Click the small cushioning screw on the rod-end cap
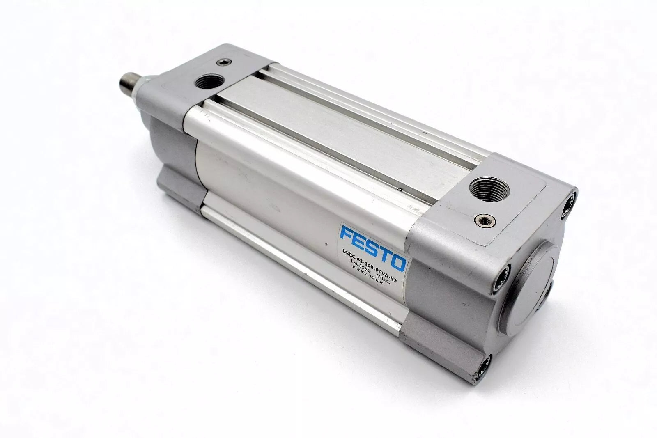click(x=224, y=62)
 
